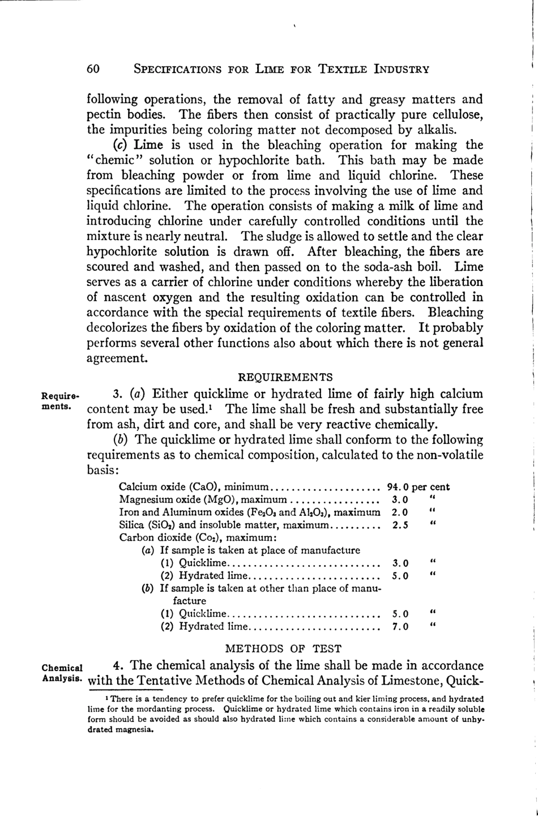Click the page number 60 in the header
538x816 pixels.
coord(93,69)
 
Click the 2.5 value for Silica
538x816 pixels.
coord(400,525)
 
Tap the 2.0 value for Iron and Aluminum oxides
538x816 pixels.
coord(400,512)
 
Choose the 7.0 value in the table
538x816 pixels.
coord(400,626)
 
